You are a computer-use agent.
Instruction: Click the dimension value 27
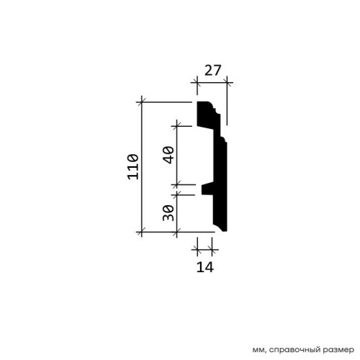[212, 71]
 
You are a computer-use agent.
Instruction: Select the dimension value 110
[132, 167]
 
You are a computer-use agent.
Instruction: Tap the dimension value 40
[168, 155]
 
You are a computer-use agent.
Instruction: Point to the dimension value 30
[168, 213]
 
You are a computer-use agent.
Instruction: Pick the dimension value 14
[205, 267]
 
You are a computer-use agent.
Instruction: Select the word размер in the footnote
[339, 350]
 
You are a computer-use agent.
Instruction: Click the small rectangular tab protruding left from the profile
[207, 189]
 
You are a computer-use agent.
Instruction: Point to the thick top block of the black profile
[205, 114]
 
